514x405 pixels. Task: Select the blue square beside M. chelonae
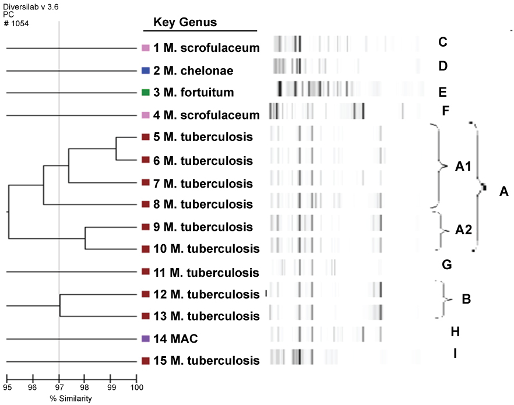[x=146, y=71]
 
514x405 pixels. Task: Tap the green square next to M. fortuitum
[x=146, y=92]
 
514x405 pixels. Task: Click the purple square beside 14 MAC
[x=146, y=339]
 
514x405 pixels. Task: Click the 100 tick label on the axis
[x=136, y=386]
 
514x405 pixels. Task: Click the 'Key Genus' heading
[x=185, y=23]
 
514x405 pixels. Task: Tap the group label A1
[x=463, y=167]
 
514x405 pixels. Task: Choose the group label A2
[x=463, y=230]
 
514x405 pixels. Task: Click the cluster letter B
[x=466, y=300]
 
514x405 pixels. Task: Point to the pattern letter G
[x=447, y=265]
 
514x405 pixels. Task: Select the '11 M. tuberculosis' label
[x=206, y=272]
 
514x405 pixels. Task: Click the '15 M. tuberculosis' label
[x=206, y=361]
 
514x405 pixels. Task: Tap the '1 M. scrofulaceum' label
[x=206, y=48]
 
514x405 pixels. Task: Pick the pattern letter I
[x=455, y=353]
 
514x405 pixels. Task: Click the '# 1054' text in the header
[x=16, y=23]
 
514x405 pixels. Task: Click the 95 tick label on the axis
[x=7, y=386]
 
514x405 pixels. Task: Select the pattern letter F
[x=445, y=110]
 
